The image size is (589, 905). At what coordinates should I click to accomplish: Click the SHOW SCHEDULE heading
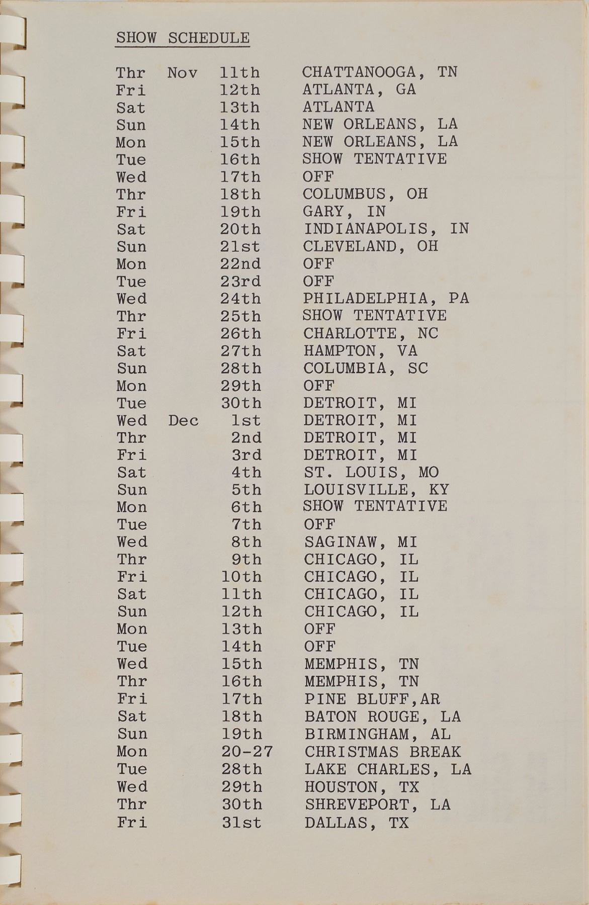click(183, 38)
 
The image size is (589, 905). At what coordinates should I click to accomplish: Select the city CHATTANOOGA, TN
click(380, 72)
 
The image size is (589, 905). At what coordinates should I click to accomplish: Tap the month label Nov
click(182, 73)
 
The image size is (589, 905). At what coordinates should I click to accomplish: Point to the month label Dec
click(183, 420)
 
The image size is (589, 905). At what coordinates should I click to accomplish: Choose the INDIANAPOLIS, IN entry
click(386, 229)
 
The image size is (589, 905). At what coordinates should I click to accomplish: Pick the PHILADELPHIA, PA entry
click(386, 299)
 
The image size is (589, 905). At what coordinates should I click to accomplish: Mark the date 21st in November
click(240, 247)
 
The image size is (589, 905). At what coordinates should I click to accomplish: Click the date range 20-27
click(247, 752)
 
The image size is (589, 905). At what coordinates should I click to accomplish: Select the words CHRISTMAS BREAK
click(383, 752)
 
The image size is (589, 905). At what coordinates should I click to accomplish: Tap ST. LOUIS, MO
click(371, 473)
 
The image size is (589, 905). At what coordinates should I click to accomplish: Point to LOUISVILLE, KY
click(376, 490)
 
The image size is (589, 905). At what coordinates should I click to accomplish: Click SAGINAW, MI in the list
click(361, 542)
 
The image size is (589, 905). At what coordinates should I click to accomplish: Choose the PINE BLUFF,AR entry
click(372, 699)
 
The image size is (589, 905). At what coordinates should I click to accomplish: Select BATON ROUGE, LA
click(382, 716)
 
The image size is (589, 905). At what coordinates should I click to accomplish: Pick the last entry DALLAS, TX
click(356, 823)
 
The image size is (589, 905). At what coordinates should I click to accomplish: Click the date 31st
click(241, 823)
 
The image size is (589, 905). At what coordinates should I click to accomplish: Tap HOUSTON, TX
click(362, 787)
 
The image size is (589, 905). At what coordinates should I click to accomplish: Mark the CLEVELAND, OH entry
click(370, 246)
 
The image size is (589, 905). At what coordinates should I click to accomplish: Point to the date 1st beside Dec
click(246, 420)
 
